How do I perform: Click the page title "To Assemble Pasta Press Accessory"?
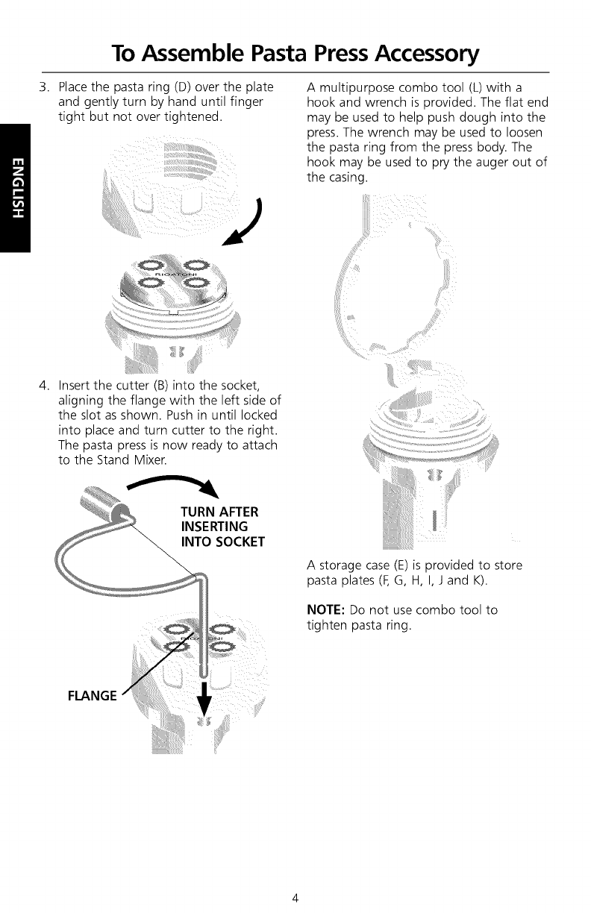(295, 53)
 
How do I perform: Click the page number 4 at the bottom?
(295, 897)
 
